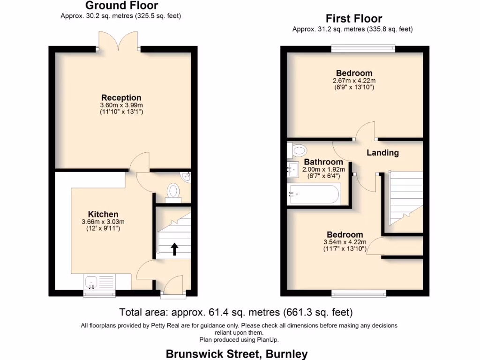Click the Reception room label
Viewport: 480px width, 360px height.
point(121,98)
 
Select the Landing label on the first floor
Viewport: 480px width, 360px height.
point(382,152)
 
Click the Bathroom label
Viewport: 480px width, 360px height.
point(323,162)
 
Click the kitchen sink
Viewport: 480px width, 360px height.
point(91,281)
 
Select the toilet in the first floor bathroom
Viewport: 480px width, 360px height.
point(298,150)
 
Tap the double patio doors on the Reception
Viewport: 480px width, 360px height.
point(119,42)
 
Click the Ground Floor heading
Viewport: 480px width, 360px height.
point(121,6)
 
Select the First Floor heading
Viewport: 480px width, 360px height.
point(354,19)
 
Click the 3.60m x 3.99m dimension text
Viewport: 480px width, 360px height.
point(121,105)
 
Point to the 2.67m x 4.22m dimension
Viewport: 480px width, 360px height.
point(354,81)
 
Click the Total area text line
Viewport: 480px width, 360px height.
point(236,312)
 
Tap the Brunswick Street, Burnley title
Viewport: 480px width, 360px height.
point(237,353)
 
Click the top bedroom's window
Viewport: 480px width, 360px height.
point(363,48)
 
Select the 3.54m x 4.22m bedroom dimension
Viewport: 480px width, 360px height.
point(345,242)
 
